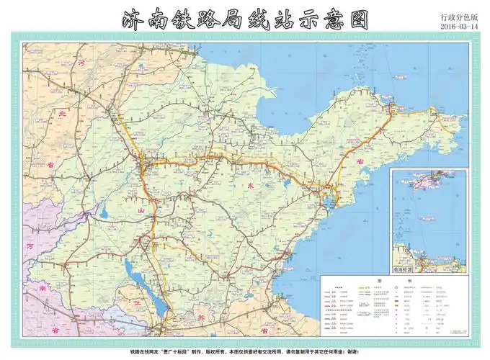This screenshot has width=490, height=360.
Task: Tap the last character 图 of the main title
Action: [353, 20]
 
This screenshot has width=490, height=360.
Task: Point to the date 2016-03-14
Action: [462, 27]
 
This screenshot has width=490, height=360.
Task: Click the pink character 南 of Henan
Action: [42, 288]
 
